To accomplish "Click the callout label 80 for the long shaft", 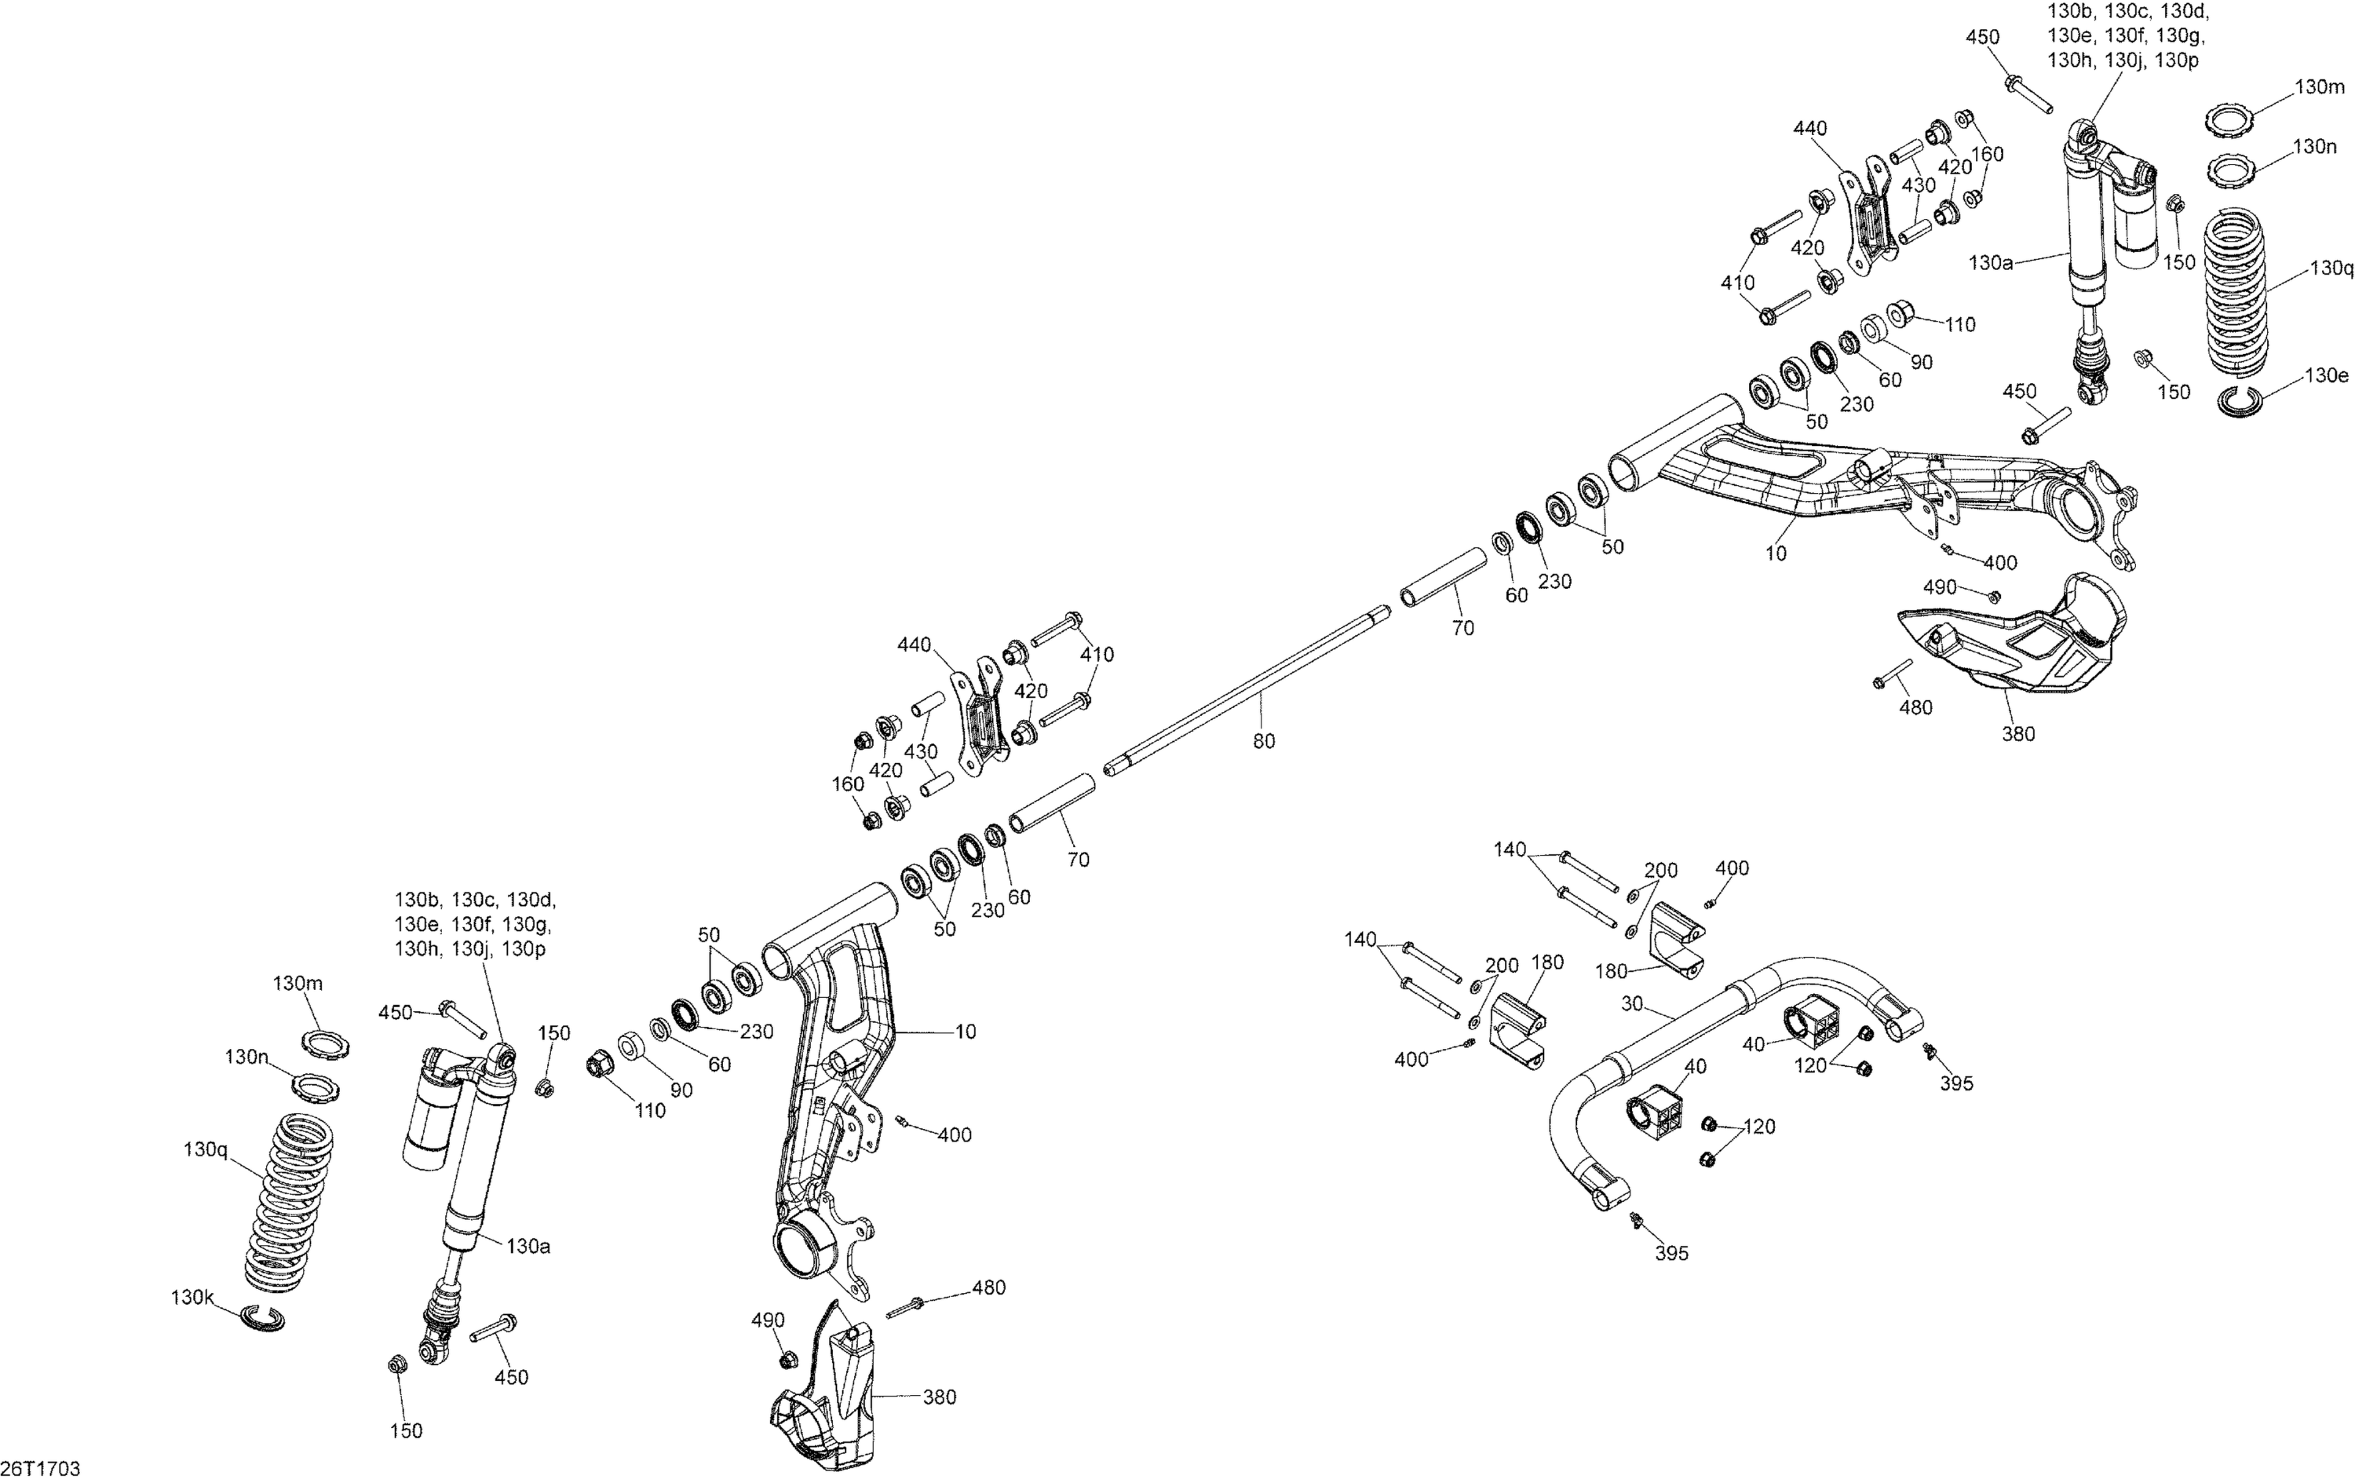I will click(1264, 741).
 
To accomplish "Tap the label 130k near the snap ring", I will click(192, 1298).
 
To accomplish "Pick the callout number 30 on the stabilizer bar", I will click(1631, 1003).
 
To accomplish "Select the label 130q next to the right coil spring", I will click(2331, 268).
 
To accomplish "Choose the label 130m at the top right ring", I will click(2320, 87).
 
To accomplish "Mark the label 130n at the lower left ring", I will click(246, 1057).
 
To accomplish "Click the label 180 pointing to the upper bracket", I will click(1611, 971).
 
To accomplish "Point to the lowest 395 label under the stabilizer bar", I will click(1671, 1253).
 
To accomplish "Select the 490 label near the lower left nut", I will click(768, 1320).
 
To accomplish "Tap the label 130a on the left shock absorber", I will click(528, 1246).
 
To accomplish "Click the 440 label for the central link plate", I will click(915, 645).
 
